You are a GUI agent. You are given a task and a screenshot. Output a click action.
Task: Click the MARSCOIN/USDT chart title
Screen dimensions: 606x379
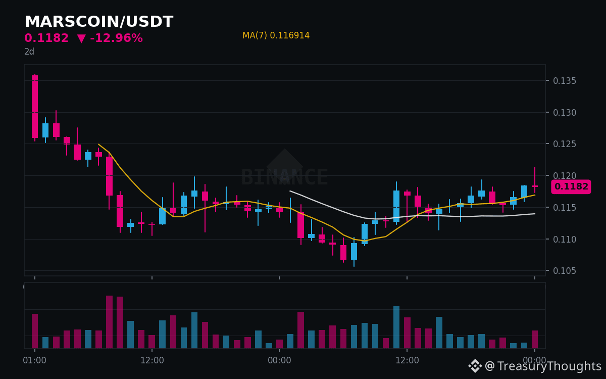(x=99, y=22)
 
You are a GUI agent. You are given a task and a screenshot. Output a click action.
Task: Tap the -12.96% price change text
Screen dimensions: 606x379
(x=116, y=38)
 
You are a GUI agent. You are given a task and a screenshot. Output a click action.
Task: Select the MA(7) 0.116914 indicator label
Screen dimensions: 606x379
(x=276, y=35)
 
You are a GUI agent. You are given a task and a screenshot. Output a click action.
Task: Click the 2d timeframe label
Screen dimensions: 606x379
(x=29, y=52)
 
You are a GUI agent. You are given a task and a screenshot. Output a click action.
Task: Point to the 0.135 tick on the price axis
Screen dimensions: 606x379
(x=565, y=81)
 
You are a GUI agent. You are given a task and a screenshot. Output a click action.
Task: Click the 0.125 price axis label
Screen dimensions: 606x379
(x=565, y=144)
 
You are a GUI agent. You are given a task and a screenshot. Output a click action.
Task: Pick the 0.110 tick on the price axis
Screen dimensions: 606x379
(x=565, y=240)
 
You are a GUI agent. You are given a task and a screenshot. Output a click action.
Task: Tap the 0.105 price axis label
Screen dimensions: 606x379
(x=565, y=271)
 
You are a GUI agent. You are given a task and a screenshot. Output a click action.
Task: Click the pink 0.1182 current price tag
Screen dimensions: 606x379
(x=571, y=186)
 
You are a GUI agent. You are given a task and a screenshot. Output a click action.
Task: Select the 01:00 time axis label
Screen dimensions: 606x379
(x=35, y=360)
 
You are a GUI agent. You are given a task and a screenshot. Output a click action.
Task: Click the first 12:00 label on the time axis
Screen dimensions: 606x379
(x=152, y=360)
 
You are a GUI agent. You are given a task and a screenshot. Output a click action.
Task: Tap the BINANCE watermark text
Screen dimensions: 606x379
(x=285, y=177)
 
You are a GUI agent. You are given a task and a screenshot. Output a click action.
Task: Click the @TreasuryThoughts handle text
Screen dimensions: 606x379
(x=543, y=366)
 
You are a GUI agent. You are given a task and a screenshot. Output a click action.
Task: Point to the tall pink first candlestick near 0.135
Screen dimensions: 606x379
(x=35, y=107)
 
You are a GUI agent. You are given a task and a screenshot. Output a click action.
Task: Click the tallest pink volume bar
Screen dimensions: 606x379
(x=109, y=322)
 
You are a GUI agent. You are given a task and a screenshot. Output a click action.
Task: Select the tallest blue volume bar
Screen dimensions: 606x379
(x=396, y=327)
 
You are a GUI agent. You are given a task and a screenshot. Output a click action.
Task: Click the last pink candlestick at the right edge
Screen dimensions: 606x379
(x=535, y=180)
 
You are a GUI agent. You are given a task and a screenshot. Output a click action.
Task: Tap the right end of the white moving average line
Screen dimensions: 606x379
(x=535, y=214)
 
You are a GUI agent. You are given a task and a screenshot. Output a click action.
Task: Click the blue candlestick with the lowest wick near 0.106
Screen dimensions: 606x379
(x=354, y=251)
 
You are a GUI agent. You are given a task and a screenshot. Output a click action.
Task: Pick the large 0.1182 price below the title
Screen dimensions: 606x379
(x=46, y=38)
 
